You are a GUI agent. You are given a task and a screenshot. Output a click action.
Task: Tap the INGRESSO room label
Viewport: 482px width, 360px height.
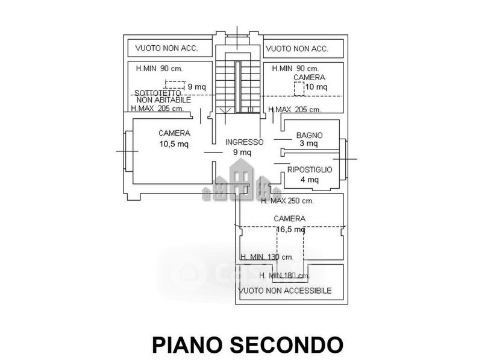[244, 142]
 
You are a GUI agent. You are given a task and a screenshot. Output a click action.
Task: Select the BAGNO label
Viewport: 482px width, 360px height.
[308, 135]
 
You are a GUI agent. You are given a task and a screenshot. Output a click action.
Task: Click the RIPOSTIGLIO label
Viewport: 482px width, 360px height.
[309, 170]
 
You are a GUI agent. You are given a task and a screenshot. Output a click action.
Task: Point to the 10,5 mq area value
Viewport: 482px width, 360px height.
[174, 144]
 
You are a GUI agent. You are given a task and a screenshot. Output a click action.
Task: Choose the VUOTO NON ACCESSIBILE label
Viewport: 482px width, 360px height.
[285, 291]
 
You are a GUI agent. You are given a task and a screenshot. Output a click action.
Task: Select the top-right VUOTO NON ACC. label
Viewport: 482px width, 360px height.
[296, 48]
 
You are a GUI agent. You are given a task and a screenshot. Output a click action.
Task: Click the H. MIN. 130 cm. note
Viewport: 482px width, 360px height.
[266, 257]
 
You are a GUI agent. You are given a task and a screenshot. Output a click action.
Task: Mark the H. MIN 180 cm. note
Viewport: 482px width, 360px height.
[284, 276]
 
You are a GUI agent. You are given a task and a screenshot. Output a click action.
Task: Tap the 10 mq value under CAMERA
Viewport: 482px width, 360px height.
[317, 87]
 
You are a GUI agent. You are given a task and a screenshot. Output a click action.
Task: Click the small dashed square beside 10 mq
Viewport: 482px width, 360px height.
[298, 88]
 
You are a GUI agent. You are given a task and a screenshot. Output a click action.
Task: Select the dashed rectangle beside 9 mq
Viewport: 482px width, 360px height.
[175, 86]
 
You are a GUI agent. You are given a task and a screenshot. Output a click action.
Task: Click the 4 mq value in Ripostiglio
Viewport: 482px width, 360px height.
[309, 179]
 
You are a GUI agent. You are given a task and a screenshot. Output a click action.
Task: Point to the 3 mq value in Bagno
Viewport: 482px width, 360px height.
[308, 144]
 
